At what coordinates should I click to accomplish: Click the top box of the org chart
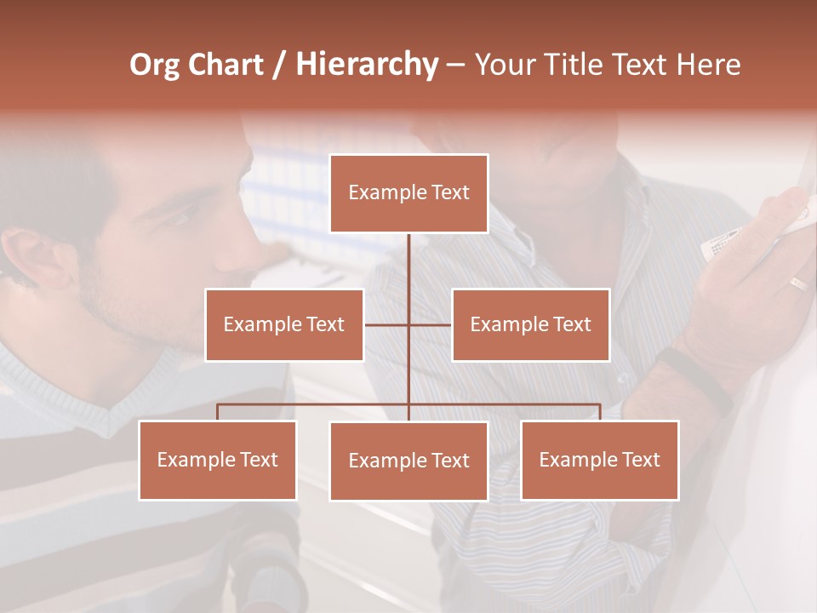point(408,193)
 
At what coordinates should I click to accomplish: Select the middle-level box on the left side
point(284,324)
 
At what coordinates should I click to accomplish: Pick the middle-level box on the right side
point(530,324)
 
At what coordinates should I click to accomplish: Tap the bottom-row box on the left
point(218,460)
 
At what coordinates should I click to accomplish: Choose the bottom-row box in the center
point(408,461)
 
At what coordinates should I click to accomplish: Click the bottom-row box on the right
point(600,460)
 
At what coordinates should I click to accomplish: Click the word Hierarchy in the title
point(367,65)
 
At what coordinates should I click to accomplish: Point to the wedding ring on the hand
point(797,284)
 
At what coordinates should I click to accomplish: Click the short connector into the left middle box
point(386,324)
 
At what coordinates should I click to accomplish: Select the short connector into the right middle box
point(431,324)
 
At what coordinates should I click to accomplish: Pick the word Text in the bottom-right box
point(640,460)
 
